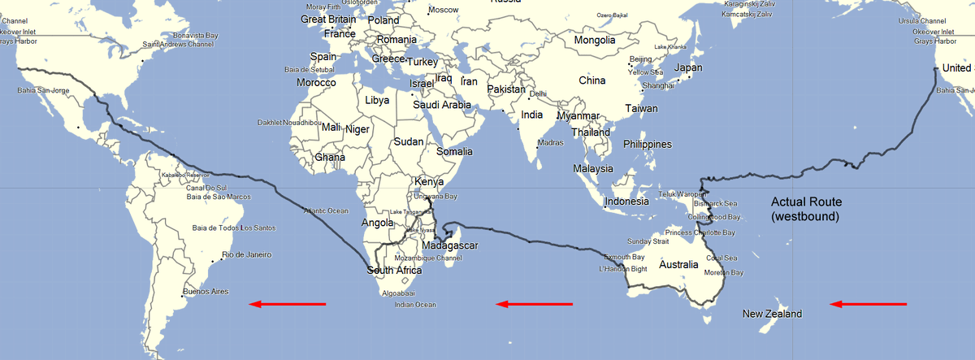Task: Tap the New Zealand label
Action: coord(772,314)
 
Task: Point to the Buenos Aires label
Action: coord(207,291)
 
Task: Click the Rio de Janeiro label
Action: coord(246,255)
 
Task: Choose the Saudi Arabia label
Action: coord(442,105)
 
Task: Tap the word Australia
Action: coord(678,265)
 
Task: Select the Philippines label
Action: coord(648,145)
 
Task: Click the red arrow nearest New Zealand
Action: coord(868,305)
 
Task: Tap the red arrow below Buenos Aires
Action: coord(287,305)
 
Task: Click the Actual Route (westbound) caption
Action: coord(806,210)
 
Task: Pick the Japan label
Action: coord(688,67)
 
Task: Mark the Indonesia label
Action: coord(627,201)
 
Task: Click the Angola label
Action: coord(376,223)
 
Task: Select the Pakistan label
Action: coord(507,89)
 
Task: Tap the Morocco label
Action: coord(316,83)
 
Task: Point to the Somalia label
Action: coord(455,152)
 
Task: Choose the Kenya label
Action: coord(429,181)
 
